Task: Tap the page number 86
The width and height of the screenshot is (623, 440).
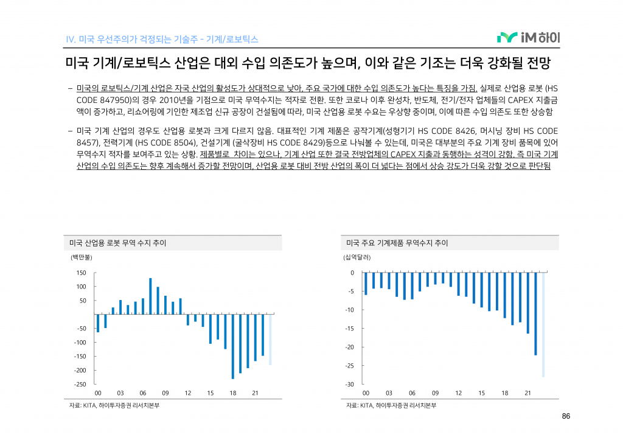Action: pos(565,416)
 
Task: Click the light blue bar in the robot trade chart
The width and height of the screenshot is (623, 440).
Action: pos(270,340)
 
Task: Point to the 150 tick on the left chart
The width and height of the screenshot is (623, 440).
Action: pos(81,273)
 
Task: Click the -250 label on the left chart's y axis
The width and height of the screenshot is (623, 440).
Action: pos(80,385)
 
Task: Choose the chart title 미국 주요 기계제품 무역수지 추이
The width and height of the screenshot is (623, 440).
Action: pos(397,243)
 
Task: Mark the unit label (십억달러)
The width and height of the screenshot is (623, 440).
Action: pos(357,257)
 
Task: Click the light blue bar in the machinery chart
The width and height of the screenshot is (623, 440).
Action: pos(543,325)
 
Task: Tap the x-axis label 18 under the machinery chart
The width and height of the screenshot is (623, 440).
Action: pos(504,393)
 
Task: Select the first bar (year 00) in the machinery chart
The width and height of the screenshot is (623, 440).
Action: pos(366,284)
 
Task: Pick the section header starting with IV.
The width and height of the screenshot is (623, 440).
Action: pos(162,40)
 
